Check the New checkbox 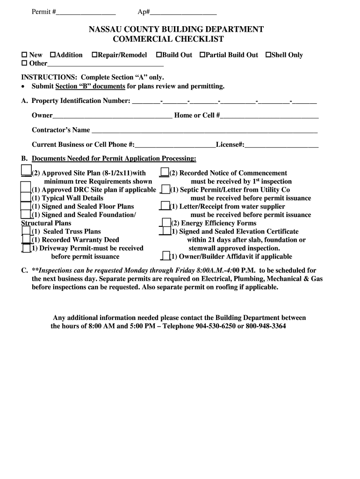pyautogui.click(x=24, y=55)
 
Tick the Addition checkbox pyautogui.click(x=52, y=55)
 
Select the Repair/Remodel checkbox pyautogui.click(x=94, y=55)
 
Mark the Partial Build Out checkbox pyautogui.click(x=202, y=55)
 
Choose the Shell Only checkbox pyautogui.click(x=268, y=55)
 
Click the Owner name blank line pyautogui.click(x=112, y=116)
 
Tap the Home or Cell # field pyautogui.click(x=269, y=116)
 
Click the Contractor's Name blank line pyautogui.click(x=204, y=131)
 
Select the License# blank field pyautogui.click(x=281, y=145)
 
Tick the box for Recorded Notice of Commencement pyautogui.click(x=164, y=173)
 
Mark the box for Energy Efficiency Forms pyautogui.click(x=166, y=223)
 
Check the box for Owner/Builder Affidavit pyautogui.click(x=165, y=256)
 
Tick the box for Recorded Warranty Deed pyautogui.click(x=26, y=239)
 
